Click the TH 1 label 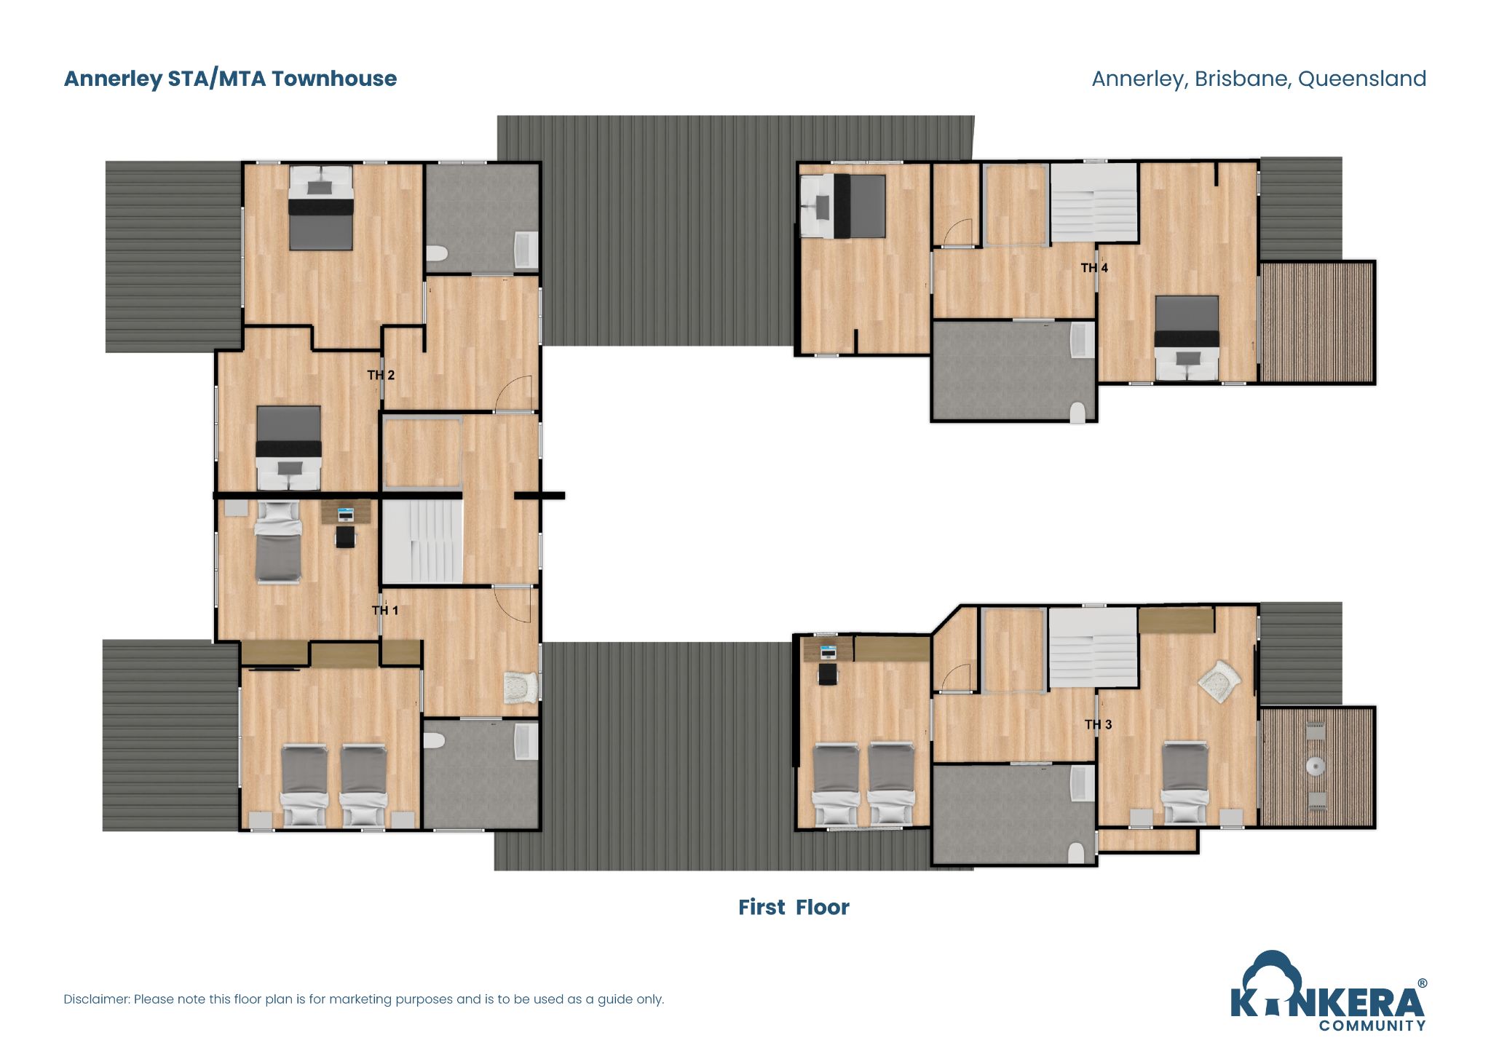pos(384,610)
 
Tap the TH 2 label pos(381,375)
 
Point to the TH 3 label pos(1098,724)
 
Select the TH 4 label pos(1094,268)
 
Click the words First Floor pos(794,907)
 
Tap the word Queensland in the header pos(1361,79)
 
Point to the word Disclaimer pos(96,999)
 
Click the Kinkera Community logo pos(1328,994)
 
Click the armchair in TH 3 pos(1219,682)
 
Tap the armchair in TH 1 pos(521,687)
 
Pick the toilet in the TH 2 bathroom pos(437,254)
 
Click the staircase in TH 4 pos(1093,202)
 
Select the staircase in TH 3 pos(1092,648)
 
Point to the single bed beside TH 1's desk pos(278,542)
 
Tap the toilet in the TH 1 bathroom pos(435,741)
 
